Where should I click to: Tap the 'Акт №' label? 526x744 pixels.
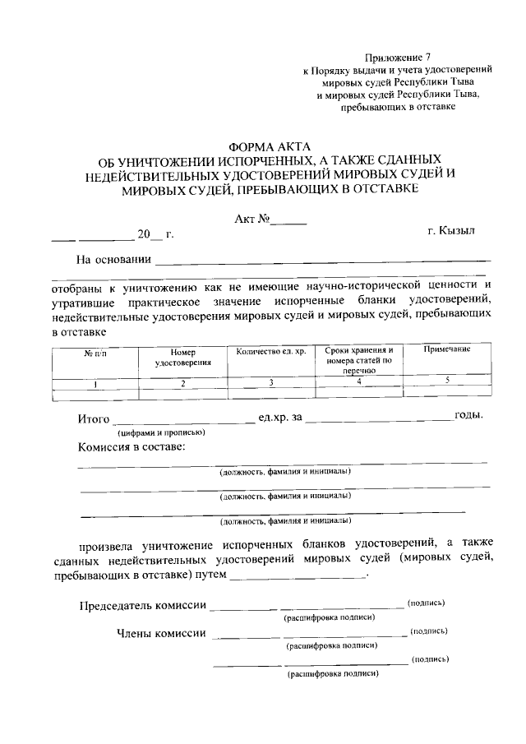tap(252, 220)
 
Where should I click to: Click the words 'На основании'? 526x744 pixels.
tap(113, 261)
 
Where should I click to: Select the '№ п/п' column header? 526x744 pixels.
tap(95, 353)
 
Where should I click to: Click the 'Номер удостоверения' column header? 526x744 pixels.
tap(183, 357)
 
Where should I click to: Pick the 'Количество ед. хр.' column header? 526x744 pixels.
tap(270, 352)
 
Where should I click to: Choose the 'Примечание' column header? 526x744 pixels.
tap(446, 350)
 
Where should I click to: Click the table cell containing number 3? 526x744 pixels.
tap(270, 382)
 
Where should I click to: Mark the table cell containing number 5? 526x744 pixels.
tap(446, 381)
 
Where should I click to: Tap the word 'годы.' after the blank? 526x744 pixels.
tap(468, 415)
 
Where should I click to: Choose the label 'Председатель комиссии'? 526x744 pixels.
tap(142, 606)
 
